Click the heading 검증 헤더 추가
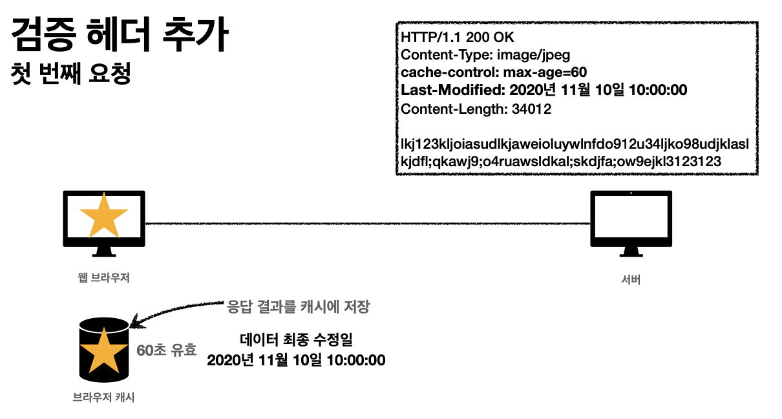click(120, 36)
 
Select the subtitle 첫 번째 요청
click(72, 72)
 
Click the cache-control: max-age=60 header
click(494, 72)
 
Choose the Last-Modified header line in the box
click(544, 91)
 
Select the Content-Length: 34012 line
click(476, 109)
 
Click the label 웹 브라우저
click(103, 278)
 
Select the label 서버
click(630, 281)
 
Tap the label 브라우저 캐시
click(103, 397)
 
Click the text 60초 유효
click(166, 350)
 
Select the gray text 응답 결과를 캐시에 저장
click(298, 306)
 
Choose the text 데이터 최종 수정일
click(296, 339)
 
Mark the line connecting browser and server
click(368, 224)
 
